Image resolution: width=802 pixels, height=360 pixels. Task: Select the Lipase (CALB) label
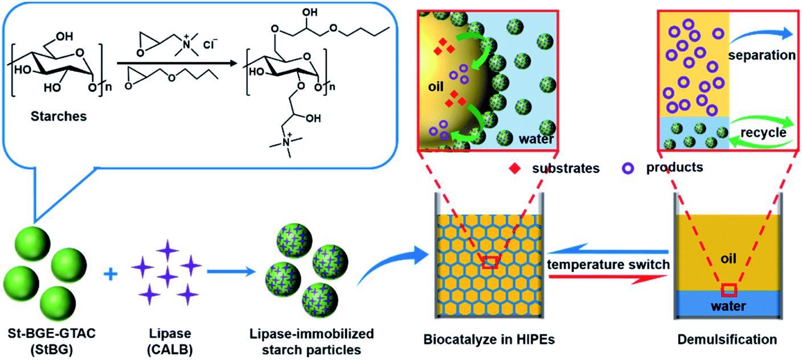(x=167, y=340)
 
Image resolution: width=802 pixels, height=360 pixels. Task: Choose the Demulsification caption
(x=727, y=340)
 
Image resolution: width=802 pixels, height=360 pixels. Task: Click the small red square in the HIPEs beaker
(x=489, y=262)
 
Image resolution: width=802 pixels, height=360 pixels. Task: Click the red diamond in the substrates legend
(x=517, y=168)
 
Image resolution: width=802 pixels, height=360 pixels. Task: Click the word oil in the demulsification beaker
(x=727, y=259)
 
